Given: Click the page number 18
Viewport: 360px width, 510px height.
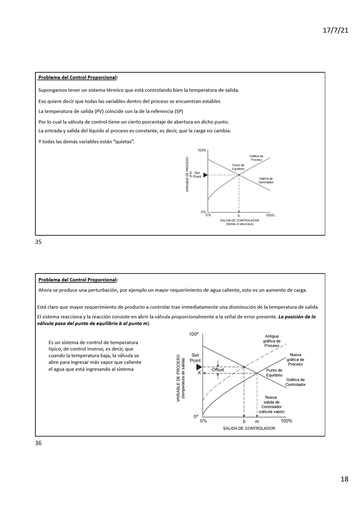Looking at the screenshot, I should click(344, 479).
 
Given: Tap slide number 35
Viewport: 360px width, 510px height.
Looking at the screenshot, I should click(38, 242).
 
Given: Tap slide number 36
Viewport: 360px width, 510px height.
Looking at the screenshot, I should click(38, 443).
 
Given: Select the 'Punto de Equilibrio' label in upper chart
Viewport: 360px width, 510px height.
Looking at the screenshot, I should click(238, 167).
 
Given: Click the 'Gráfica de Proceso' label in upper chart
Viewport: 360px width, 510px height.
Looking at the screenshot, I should click(256, 158).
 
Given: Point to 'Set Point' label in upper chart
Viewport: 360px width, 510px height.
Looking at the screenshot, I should click(197, 174).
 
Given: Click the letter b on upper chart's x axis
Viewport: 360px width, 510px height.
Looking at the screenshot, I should click(238, 215).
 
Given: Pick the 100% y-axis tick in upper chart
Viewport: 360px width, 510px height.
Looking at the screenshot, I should click(202, 150).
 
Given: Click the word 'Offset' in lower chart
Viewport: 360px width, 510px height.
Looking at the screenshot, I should click(218, 370).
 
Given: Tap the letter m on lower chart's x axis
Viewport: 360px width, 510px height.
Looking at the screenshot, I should click(257, 421).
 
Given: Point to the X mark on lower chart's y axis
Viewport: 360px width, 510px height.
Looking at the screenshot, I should click(199, 373).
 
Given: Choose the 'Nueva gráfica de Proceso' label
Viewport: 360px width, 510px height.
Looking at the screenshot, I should click(296, 359).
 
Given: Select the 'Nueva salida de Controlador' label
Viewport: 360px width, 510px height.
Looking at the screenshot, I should click(271, 404).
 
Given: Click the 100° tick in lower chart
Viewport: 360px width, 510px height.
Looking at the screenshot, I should click(193, 334).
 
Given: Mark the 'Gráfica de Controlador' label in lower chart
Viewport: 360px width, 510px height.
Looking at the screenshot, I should click(296, 382).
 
